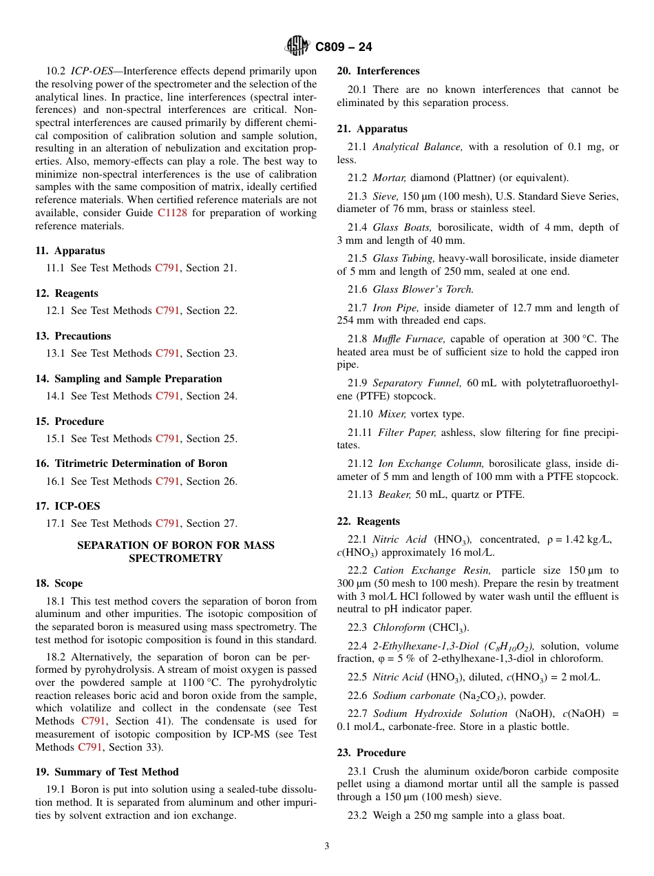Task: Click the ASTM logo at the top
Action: (x=297, y=46)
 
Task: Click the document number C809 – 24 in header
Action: (x=344, y=47)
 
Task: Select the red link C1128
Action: (x=171, y=213)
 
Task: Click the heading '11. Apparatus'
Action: (x=70, y=251)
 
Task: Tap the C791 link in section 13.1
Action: (x=167, y=353)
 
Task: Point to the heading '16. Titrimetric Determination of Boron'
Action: (x=131, y=463)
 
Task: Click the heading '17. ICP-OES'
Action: (x=67, y=506)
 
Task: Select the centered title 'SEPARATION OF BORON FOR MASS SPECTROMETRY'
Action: (x=176, y=552)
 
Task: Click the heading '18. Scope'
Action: (x=59, y=583)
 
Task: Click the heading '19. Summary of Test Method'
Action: (x=107, y=772)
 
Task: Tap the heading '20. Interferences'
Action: (x=378, y=71)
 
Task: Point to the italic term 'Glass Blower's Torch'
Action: (x=423, y=289)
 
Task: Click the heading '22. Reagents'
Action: (x=368, y=521)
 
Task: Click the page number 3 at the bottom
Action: (x=327, y=846)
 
